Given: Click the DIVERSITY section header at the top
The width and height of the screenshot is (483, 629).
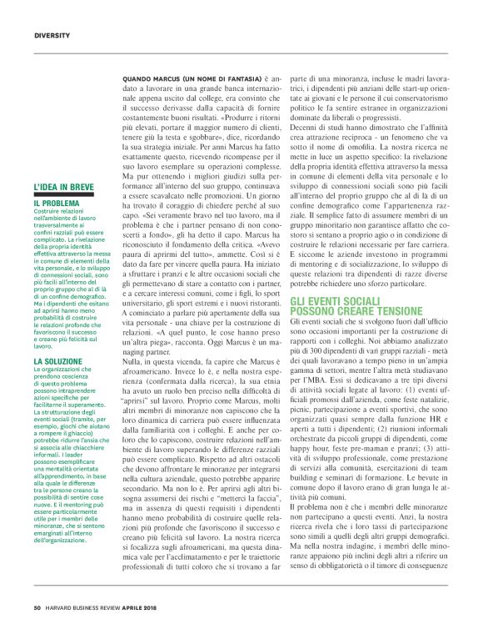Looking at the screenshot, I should pyautogui.click(x=52, y=34).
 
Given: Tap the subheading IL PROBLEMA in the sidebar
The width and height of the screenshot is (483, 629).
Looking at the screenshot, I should pyautogui.click(x=57, y=203).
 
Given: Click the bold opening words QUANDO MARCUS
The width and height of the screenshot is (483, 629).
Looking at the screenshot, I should pyautogui.click(x=154, y=78).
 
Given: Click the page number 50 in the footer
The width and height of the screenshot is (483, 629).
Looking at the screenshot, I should pyautogui.click(x=37, y=607).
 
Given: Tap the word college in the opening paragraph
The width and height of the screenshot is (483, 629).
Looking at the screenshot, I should pyautogui.click(x=207, y=99).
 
